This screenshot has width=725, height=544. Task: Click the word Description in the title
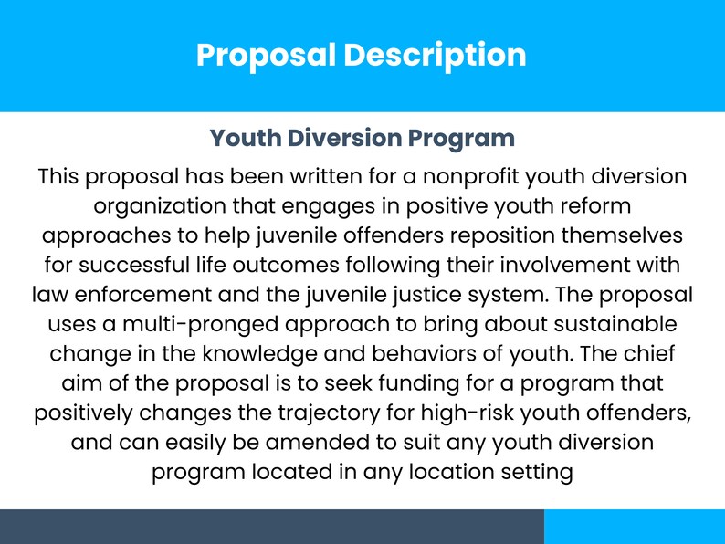tap(435, 55)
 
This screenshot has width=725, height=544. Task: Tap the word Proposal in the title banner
tap(266, 55)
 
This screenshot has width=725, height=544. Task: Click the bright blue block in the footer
tap(635, 527)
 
